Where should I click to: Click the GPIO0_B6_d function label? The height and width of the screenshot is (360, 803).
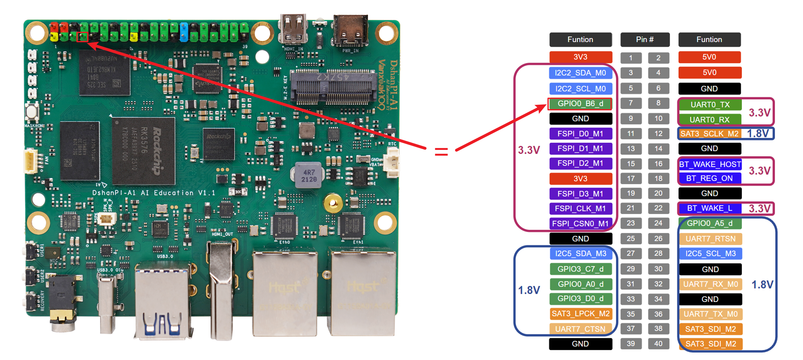(580, 104)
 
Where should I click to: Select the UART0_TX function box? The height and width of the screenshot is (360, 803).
(710, 105)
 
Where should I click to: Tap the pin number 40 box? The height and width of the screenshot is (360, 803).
(658, 344)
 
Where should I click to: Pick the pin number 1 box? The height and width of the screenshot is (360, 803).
(631, 58)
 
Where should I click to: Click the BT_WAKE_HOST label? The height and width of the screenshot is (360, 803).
(710, 164)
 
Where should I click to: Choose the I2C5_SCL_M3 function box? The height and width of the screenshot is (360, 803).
(711, 254)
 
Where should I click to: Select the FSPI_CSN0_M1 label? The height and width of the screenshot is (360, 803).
(580, 224)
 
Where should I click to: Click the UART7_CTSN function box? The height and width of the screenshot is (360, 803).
(580, 329)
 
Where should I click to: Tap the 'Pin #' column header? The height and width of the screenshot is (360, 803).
(645, 40)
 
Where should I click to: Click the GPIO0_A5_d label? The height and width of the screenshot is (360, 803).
(710, 223)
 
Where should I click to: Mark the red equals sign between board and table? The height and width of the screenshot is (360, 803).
(441, 151)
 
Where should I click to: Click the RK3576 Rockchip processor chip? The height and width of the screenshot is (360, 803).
(143, 151)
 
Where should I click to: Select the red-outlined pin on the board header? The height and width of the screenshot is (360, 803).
(83, 37)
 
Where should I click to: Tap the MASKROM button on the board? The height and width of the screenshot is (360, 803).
(32, 112)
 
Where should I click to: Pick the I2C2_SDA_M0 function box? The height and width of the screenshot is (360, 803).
(580, 73)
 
